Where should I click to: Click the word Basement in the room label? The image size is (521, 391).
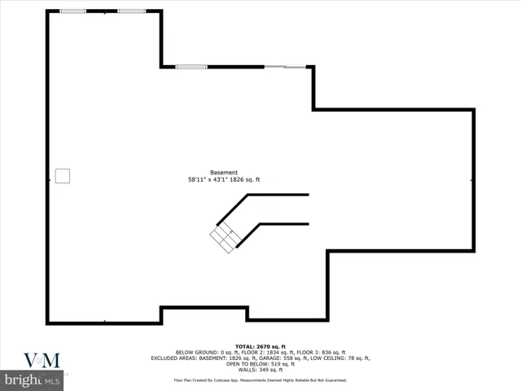click(x=224, y=173)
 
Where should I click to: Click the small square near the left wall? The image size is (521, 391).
click(x=63, y=176)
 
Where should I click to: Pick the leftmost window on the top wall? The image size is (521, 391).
click(x=72, y=11)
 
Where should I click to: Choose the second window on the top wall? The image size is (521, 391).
click(x=132, y=11)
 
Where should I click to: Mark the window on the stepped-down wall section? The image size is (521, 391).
click(x=191, y=66)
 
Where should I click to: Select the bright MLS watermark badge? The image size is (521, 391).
click(x=33, y=380)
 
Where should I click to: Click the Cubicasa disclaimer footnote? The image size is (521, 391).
click(x=260, y=380)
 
